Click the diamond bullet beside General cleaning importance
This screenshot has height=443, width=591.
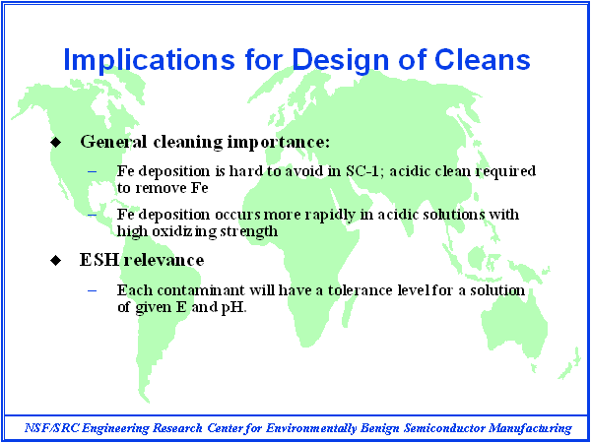click(x=55, y=143)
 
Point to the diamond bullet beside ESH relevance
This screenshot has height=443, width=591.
click(x=55, y=260)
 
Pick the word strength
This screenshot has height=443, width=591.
click(x=249, y=231)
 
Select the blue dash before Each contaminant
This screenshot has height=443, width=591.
click(x=93, y=290)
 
